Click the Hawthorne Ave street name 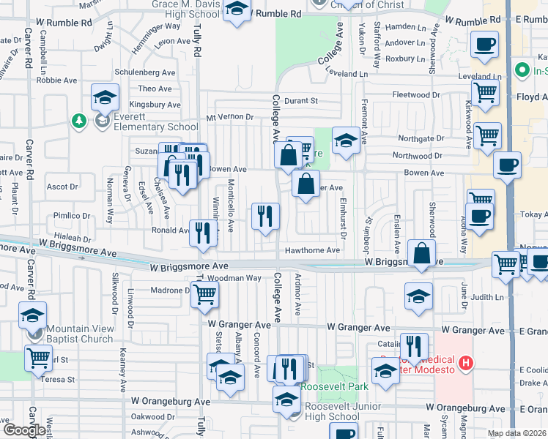[312, 250]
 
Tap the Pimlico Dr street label [71, 217]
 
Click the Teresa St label [62, 380]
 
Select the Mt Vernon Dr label [229, 117]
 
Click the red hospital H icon [464, 362]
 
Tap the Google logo [24, 429]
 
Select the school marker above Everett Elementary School [105, 97]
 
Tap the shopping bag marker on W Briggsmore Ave [422, 254]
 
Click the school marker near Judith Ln [418, 296]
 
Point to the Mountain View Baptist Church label [81, 334]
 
